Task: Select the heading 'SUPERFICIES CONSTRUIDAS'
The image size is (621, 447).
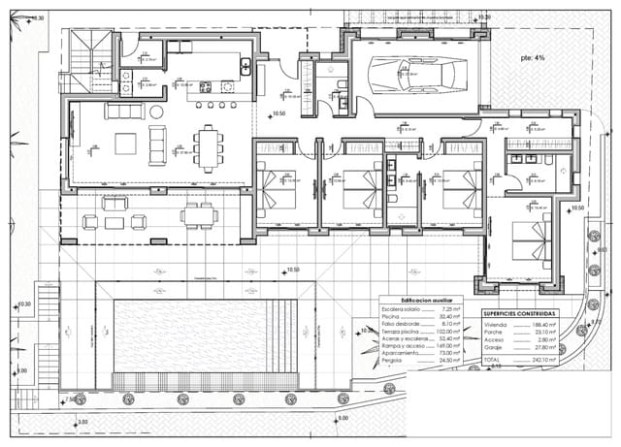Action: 520,315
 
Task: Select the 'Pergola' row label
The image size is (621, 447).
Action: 392,361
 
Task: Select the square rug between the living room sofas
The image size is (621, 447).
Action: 127,144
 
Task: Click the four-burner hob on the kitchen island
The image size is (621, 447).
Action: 206,87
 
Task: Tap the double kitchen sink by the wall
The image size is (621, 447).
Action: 246,67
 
